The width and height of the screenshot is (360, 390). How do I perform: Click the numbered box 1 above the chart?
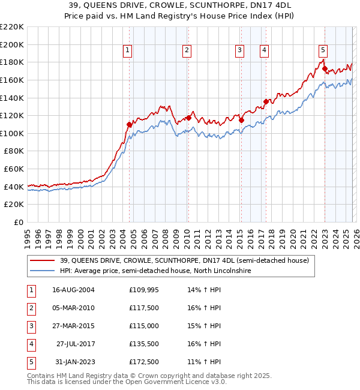(x=128, y=51)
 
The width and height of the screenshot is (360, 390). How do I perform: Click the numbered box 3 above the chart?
(x=239, y=51)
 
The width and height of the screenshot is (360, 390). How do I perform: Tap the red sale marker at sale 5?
(x=325, y=69)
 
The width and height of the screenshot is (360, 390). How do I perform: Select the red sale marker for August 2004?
(x=129, y=125)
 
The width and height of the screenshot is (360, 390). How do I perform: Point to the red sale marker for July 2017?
(x=265, y=101)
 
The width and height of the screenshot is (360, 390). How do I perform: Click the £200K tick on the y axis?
(x=11, y=44)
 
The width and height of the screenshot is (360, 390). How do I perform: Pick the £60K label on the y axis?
(x=14, y=169)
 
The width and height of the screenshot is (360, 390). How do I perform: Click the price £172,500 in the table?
(x=144, y=361)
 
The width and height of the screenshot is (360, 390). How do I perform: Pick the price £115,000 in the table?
(x=144, y=325)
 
